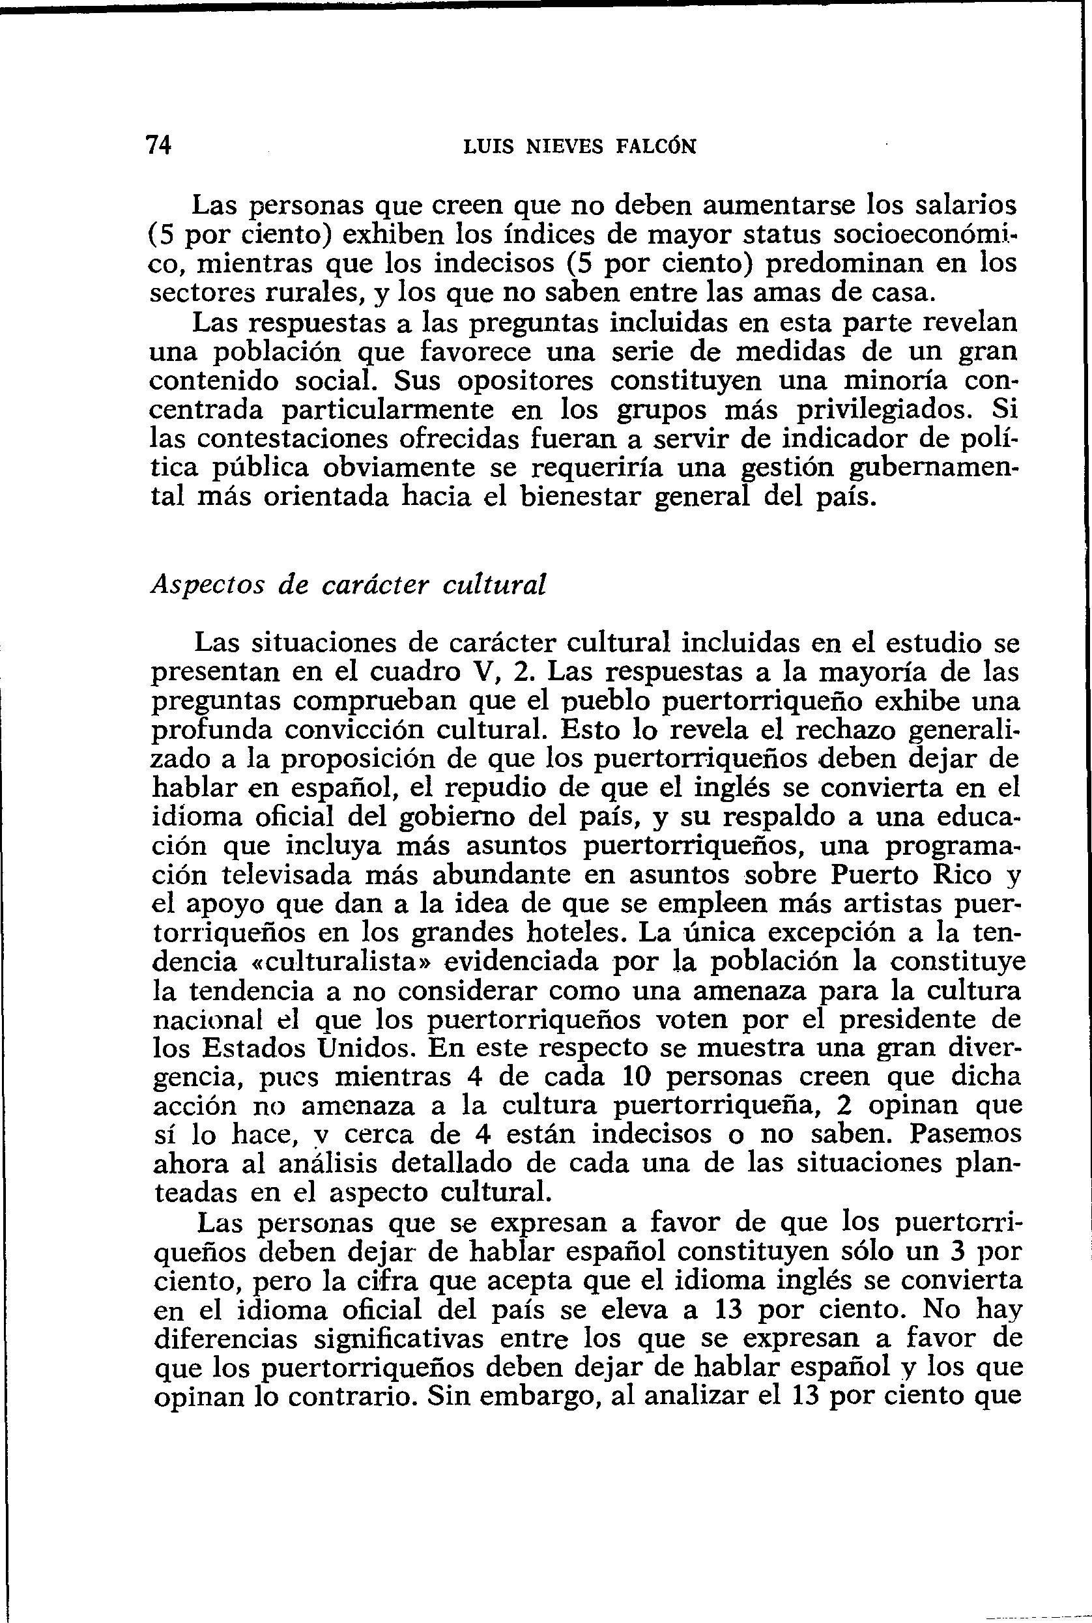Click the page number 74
tap(159, 145)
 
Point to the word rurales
tap(311, 293)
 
